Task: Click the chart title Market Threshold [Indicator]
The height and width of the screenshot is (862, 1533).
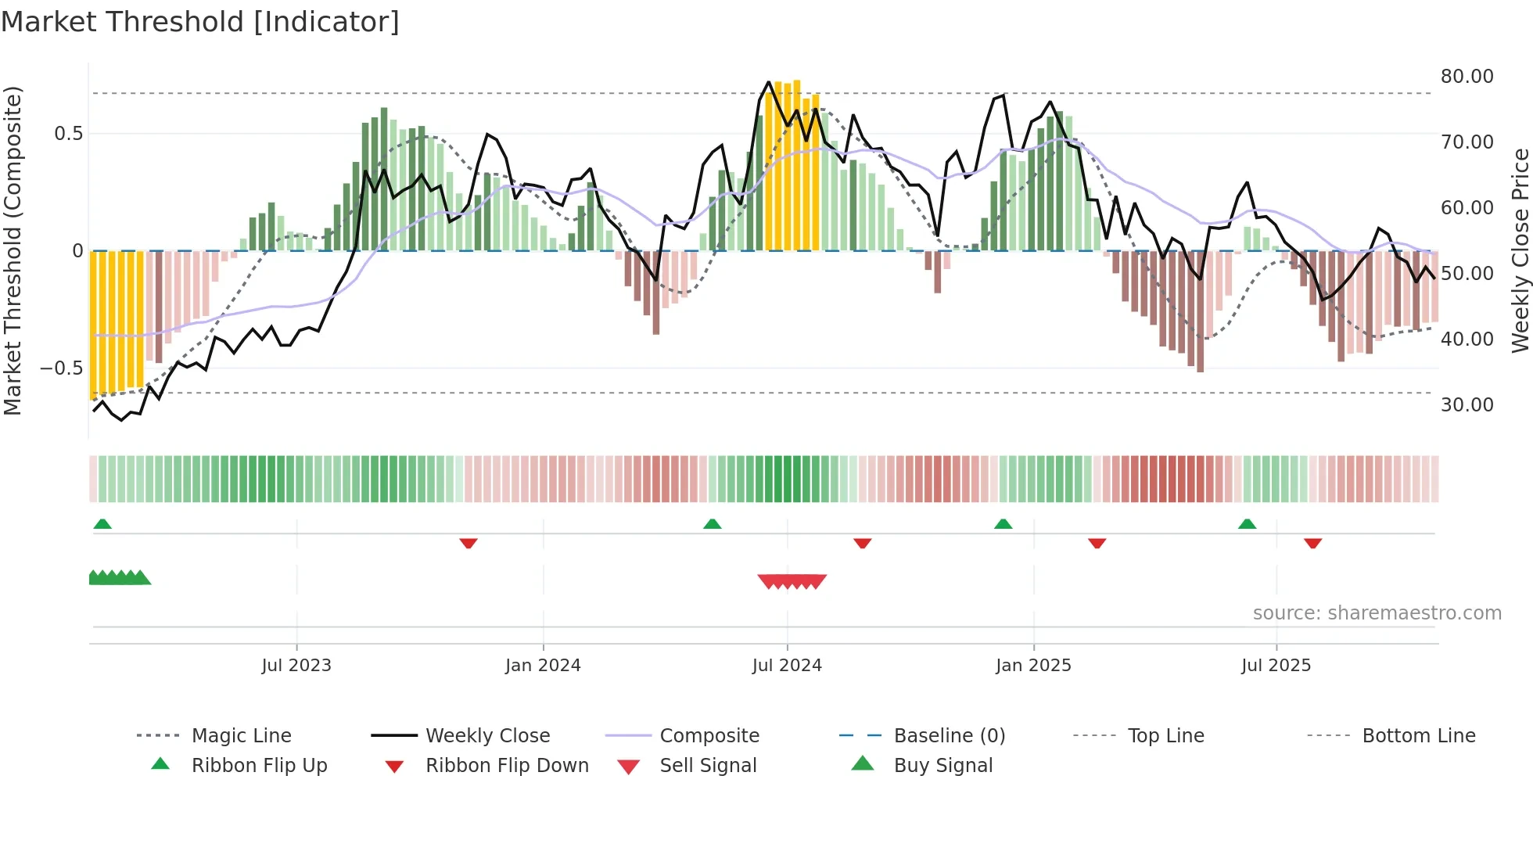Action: click(200, 22)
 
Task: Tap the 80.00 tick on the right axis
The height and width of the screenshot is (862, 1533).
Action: click(1467, 77)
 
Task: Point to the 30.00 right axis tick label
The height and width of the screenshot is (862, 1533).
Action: click(1467, 405)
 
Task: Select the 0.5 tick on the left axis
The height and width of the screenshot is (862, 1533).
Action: click(68, 134)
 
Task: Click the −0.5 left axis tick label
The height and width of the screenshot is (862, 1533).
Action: click(61, 368)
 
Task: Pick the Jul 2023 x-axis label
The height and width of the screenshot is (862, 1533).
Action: click(296, 666)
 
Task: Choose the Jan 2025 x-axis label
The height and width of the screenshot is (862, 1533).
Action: click(1033, 666)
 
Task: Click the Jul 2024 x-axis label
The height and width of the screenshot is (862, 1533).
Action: click(787, 666)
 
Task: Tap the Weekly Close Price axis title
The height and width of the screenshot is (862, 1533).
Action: click(1520, 250)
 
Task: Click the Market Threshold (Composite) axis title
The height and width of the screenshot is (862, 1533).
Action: click(13, 250)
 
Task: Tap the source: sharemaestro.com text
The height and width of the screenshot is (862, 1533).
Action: click(1377, 613)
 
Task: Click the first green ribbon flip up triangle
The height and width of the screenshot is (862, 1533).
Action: click(102, 524)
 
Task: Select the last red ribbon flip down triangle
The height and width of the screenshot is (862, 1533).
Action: click(1312, 543)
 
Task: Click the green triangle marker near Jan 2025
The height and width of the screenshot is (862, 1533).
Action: click(1003, 524)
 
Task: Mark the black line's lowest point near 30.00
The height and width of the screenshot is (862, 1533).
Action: click(121, 420)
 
